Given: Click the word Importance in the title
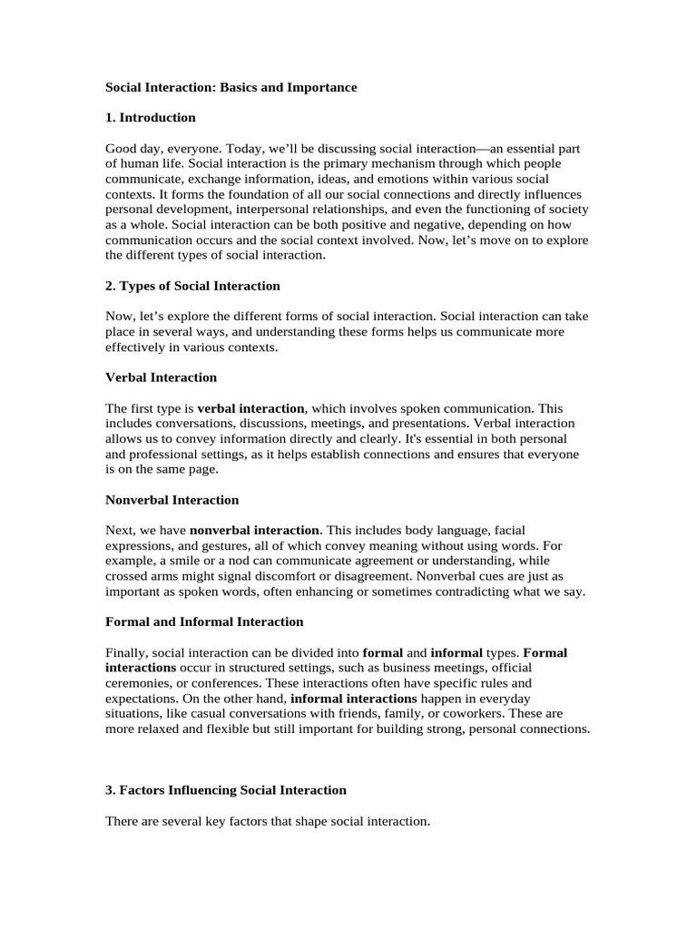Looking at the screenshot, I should (319, 87).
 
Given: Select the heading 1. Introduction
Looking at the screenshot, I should (151, 117).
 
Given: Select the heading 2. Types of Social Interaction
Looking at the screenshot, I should (193, 286).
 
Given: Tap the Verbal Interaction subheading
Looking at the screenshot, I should (162, 377).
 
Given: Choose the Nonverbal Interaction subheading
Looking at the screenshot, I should (172, 500).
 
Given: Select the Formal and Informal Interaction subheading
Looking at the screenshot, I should (204, 621).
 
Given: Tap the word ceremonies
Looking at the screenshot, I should (141, 683).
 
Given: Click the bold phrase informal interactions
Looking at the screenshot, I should (354, 699).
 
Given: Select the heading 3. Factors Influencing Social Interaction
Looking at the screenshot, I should (226, 790).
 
